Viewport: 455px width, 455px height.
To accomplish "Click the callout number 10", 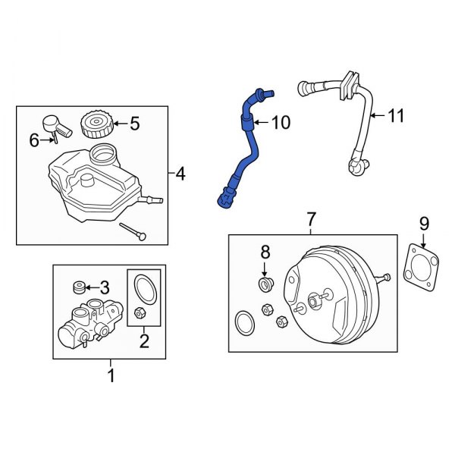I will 280,123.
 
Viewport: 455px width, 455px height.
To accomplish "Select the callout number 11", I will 396,116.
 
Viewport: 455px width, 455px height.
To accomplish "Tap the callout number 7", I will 311,219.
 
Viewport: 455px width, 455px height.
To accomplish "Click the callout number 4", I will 179,174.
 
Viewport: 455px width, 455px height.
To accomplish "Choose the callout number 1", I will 111,375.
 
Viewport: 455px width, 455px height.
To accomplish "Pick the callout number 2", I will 144,341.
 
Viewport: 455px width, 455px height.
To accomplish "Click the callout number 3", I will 105,287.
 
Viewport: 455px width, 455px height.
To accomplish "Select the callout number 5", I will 134,122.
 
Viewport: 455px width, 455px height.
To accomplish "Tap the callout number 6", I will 33,140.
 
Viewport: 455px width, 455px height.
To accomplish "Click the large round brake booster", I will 330,300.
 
